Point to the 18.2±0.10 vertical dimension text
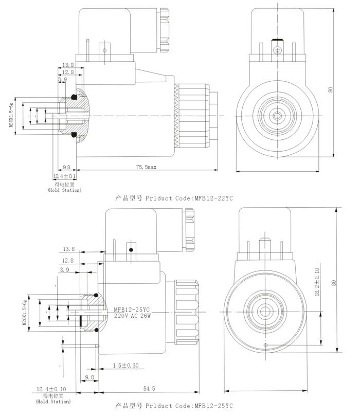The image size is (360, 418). point(317,282)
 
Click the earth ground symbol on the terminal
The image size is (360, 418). point(278,50)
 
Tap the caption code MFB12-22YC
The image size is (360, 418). point(213,197)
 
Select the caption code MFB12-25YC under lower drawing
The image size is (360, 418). point(213,406)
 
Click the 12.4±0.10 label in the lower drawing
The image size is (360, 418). point(52,389)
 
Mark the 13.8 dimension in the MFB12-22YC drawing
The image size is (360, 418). point(68,65)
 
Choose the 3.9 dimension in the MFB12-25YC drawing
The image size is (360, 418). point(65,269)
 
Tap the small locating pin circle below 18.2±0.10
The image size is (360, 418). point(265,345)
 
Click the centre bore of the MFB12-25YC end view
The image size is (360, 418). point(267,311)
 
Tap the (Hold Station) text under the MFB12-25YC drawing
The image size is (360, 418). point(53,402)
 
